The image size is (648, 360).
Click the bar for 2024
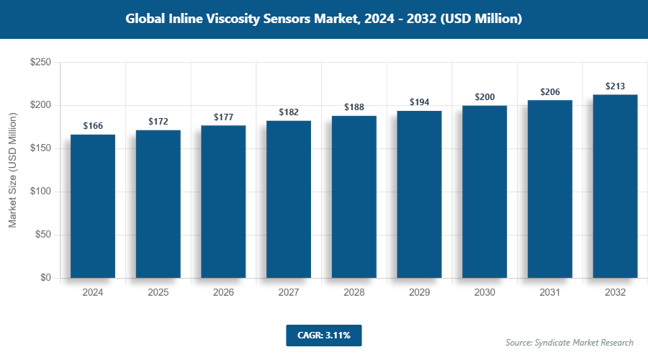93,206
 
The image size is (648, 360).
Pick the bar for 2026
223,202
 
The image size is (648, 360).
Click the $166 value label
93,126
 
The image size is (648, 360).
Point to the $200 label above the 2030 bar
485,97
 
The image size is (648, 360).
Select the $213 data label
616,86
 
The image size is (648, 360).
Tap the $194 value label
420,102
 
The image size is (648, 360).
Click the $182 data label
289,112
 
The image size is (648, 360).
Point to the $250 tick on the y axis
40,63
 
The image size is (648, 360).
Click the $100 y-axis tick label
40,192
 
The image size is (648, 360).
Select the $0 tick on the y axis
45,278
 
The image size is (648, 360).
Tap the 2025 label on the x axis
158,293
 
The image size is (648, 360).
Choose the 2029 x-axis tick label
420,293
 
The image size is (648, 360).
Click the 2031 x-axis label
550,293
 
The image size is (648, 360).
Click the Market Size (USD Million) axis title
12,171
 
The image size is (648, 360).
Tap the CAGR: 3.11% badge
323,335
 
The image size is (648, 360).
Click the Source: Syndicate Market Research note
570,342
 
